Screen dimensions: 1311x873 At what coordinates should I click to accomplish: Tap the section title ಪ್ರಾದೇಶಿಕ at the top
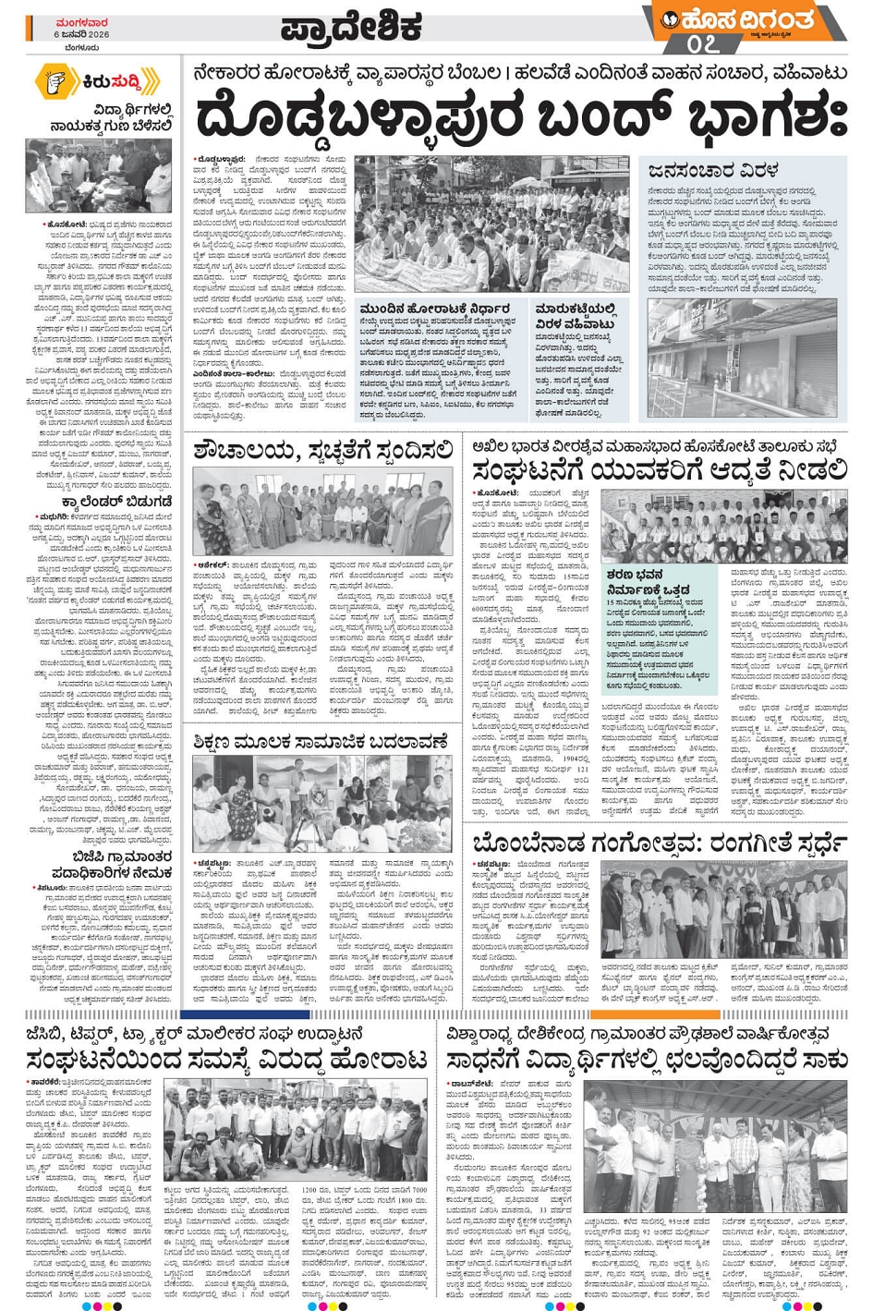click(x=351, y=26)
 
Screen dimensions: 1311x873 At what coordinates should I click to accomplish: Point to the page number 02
click(x=702, y=43)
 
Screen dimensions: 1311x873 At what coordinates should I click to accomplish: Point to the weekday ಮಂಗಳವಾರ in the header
click(x=80, y=19)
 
